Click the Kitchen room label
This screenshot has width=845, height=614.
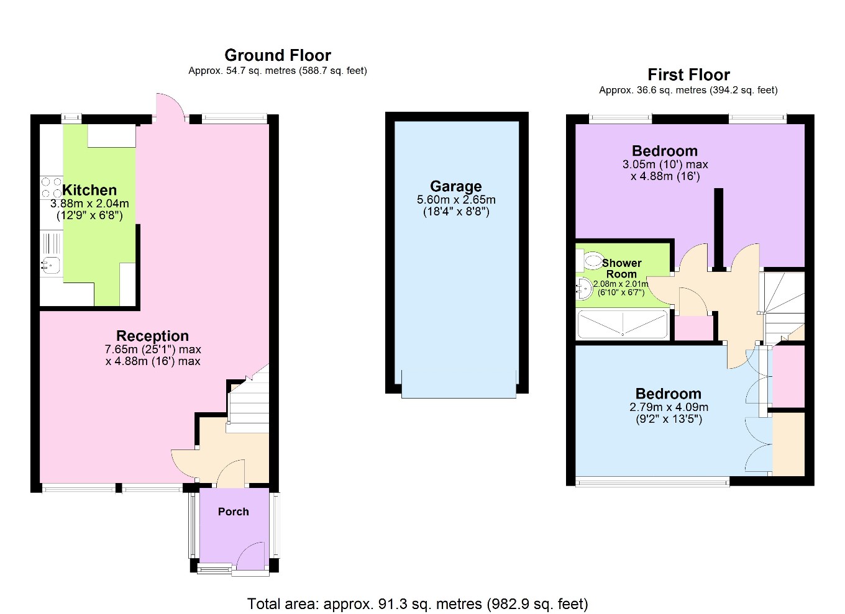[x=89, y=190]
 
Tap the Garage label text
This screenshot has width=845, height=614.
[x=455, y=186]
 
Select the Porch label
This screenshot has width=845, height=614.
[x=233, y=512]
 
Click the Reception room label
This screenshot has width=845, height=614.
[x=152, y=336]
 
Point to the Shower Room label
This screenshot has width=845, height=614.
[x=621, y=268]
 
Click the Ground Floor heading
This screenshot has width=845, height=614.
[x=278, y=55]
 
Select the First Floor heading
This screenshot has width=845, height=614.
[x=688, y=74]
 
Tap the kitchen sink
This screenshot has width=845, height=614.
[x=51, y=266]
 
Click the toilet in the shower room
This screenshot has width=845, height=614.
[x=590, y=260]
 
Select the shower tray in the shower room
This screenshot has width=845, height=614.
[x=622, y=324]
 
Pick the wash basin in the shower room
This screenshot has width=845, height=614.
[x=583, y=287]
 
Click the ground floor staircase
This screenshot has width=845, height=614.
[x=249, y=400]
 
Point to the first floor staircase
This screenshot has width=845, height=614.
[x=783, y=304]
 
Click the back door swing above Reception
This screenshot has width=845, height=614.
[x=169, y=107]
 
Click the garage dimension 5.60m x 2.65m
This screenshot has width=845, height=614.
[x=456, y=200]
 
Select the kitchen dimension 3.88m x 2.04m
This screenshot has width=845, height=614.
[x=89, y=204]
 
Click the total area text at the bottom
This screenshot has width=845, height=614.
[x=418, y=603]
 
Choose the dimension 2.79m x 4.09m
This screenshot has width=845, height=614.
[x=669, y=407]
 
